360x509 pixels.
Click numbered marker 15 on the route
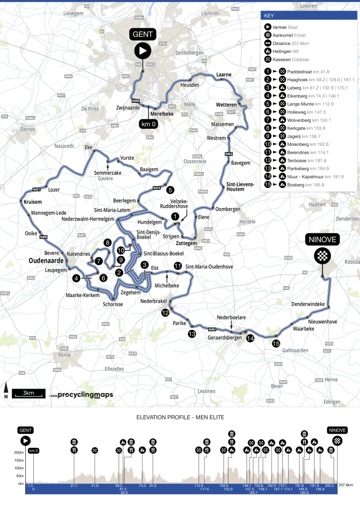tap(276, 344)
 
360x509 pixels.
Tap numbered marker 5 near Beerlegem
tap(170, 189)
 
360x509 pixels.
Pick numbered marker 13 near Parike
tap(192, 334)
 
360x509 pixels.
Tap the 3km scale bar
tap(28, 393)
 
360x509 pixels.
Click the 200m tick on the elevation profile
tap(19, 452)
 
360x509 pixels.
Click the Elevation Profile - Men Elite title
tap(180, 417)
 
